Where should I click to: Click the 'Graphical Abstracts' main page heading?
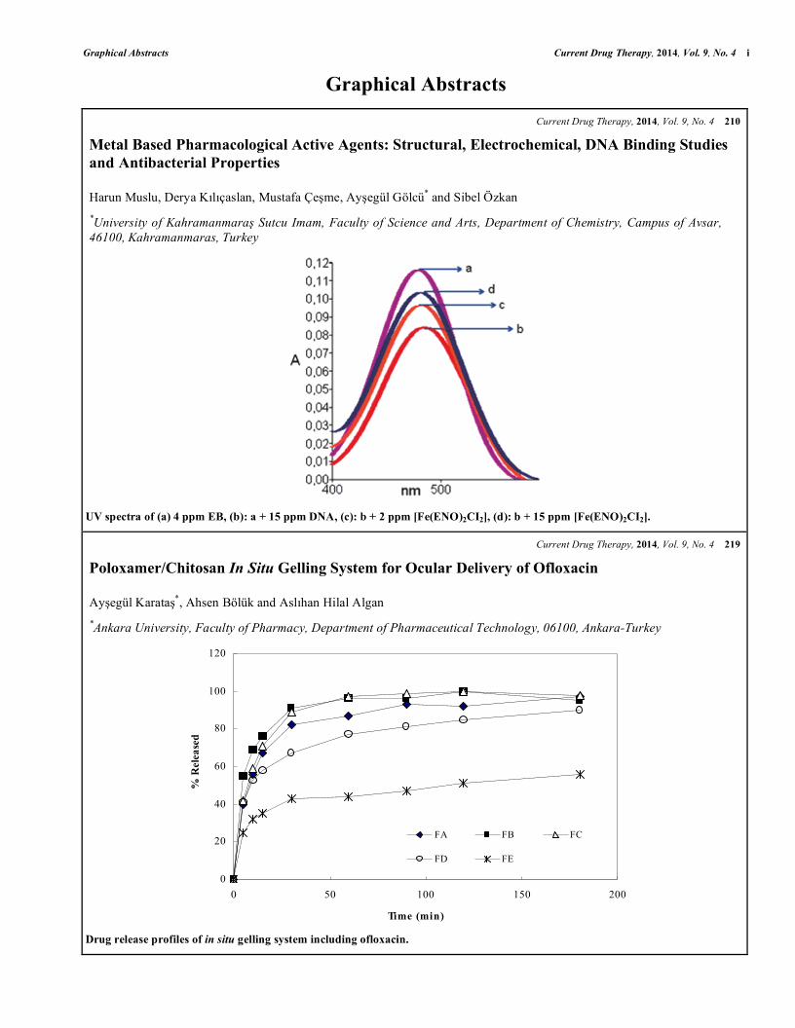pyautogui.click(x=416, y=85)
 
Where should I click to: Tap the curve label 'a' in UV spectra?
pyautogui.click(x=469, y=267)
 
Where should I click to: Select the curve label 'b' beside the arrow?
pyautogui.click(x=519, y=329)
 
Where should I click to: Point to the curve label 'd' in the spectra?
pyautogui.click(x=491, y=289)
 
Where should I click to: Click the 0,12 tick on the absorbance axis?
pyautogui.click(x=318, y=263)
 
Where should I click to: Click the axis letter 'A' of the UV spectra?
pyautogui.click(x=295, y=361)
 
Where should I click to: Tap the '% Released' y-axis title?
pyautogui.click(x=196, y=763)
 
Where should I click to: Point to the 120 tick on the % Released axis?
pyautogui.click(x=215, y=653)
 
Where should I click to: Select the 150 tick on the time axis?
pyautogui.click(x=521, y=894)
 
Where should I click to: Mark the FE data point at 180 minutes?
pyautogui.click(x=580, y=774)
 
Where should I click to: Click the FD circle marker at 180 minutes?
pyautogui.click(x=579, y=710)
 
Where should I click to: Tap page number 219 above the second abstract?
pyautogui.click(x=733, y=544)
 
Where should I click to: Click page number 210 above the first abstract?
pyautogui.click(x=733, y=122)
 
